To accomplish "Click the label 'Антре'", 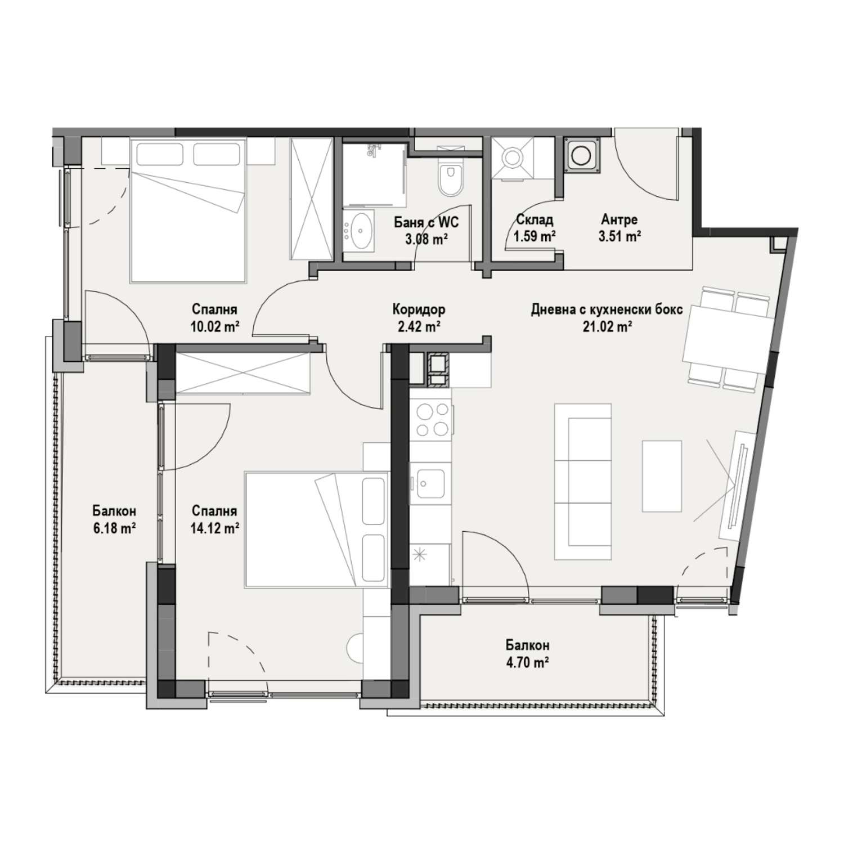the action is coord(619,219).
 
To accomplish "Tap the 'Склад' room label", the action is coord(535,219).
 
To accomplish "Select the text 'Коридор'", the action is coord(419,309).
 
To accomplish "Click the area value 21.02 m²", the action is coord(607,326).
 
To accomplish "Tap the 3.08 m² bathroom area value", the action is coord(426,237).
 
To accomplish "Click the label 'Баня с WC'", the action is coord(427,222).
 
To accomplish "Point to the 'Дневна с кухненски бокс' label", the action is coord(607,309).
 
